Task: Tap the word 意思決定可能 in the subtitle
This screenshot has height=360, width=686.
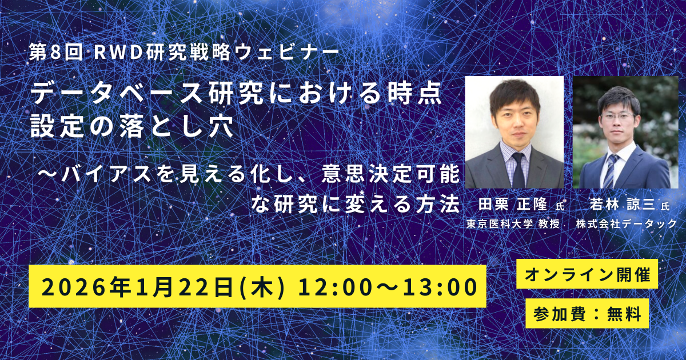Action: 390,174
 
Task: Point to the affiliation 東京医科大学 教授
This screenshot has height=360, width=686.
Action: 513,225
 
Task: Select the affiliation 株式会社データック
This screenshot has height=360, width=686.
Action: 626,224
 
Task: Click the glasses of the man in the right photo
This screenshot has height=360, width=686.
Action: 618,117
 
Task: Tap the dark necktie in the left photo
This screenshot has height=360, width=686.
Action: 518,170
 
